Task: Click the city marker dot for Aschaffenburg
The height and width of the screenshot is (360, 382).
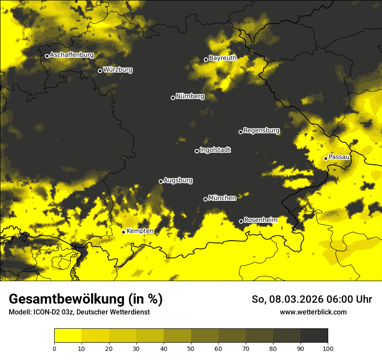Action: click(47, 56)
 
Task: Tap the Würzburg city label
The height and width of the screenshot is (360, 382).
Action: click(118, 69)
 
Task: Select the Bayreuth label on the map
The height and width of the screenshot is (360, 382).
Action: click(223, 58)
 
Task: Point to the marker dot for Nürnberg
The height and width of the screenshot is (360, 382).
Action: click(173, 98)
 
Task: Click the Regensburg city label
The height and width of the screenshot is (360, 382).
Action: click(261, 130)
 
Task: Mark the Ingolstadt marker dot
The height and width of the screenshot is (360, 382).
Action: click(197, 151)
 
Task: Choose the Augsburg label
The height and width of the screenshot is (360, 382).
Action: click(178, 180)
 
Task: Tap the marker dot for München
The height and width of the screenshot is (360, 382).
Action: click(205, 199)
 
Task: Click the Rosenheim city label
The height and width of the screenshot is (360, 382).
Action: click(260, 220)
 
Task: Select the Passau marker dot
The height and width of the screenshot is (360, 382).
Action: click(326, 158)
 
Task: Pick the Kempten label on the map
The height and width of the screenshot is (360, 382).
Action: click(140, 231)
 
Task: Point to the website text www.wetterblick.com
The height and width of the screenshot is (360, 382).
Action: click(313, 312)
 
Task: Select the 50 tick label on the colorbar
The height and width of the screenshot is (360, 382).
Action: click(191, 348)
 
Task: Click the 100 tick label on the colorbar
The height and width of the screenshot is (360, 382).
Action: click(327, 348)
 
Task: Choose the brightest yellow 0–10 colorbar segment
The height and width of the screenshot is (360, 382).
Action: click(68, 336)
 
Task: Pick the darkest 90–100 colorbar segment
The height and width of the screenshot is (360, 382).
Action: click(314, 336)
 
